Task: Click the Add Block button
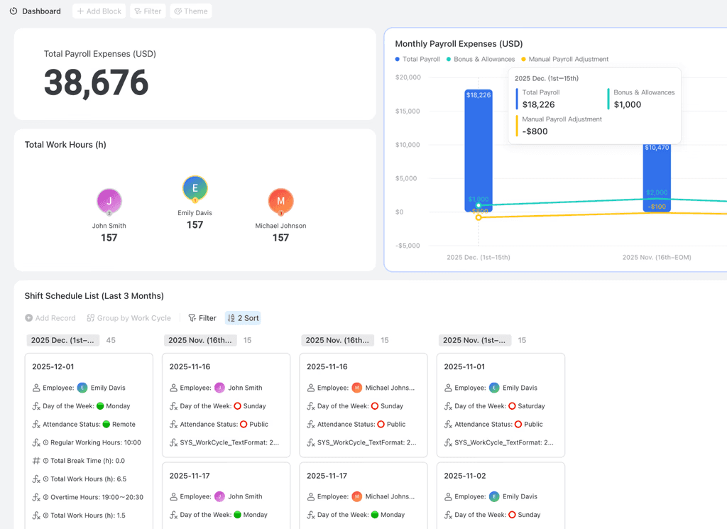pyautogui.click(x=99, y=11)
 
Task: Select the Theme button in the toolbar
pyautogui.click(x=191, y=11)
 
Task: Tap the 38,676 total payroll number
pyautogui.click(x=96, y=82)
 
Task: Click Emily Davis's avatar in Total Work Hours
pyautogui.click(x=195, y=188)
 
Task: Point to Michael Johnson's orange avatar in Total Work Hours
pyautogui.click(x=280, y=201)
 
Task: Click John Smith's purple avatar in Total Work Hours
pyautogui.click(x=109, y=201)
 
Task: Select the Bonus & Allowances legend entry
pyautogui.click(x=481, y=60)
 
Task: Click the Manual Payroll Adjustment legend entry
pyautogui.click(x=564, y=60)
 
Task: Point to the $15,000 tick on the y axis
pyautogui.click(x=408, y=111)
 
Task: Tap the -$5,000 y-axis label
pyautogui.click(x=408, y=246)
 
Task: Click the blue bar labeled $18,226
pyautogui.click(x=479, y=151)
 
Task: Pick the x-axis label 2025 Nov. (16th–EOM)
pyautogui.click(x=657, y=257)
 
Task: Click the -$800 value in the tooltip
pyautogui.click(x=535, y=131)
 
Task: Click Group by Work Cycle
pyautogui.click(x=129, y=318)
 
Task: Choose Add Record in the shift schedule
pyautogui.click(x=50, y=318)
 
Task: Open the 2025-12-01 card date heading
pyautogui.click(x=53, y=366)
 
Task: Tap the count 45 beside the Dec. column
pyautogui.click(x=111, y=340)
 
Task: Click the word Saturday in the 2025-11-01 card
pyautogui.click(x=531, y=406)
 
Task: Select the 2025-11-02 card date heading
pyautogui.click(x=464, y=476)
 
